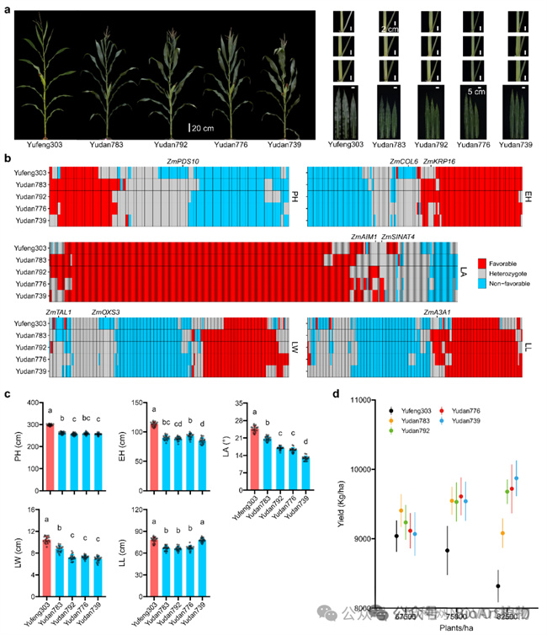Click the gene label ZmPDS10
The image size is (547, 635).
click(x=182, y=162)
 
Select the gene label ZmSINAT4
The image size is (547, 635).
click(x=399, y=237)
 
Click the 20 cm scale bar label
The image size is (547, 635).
click(x=203, y=128)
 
